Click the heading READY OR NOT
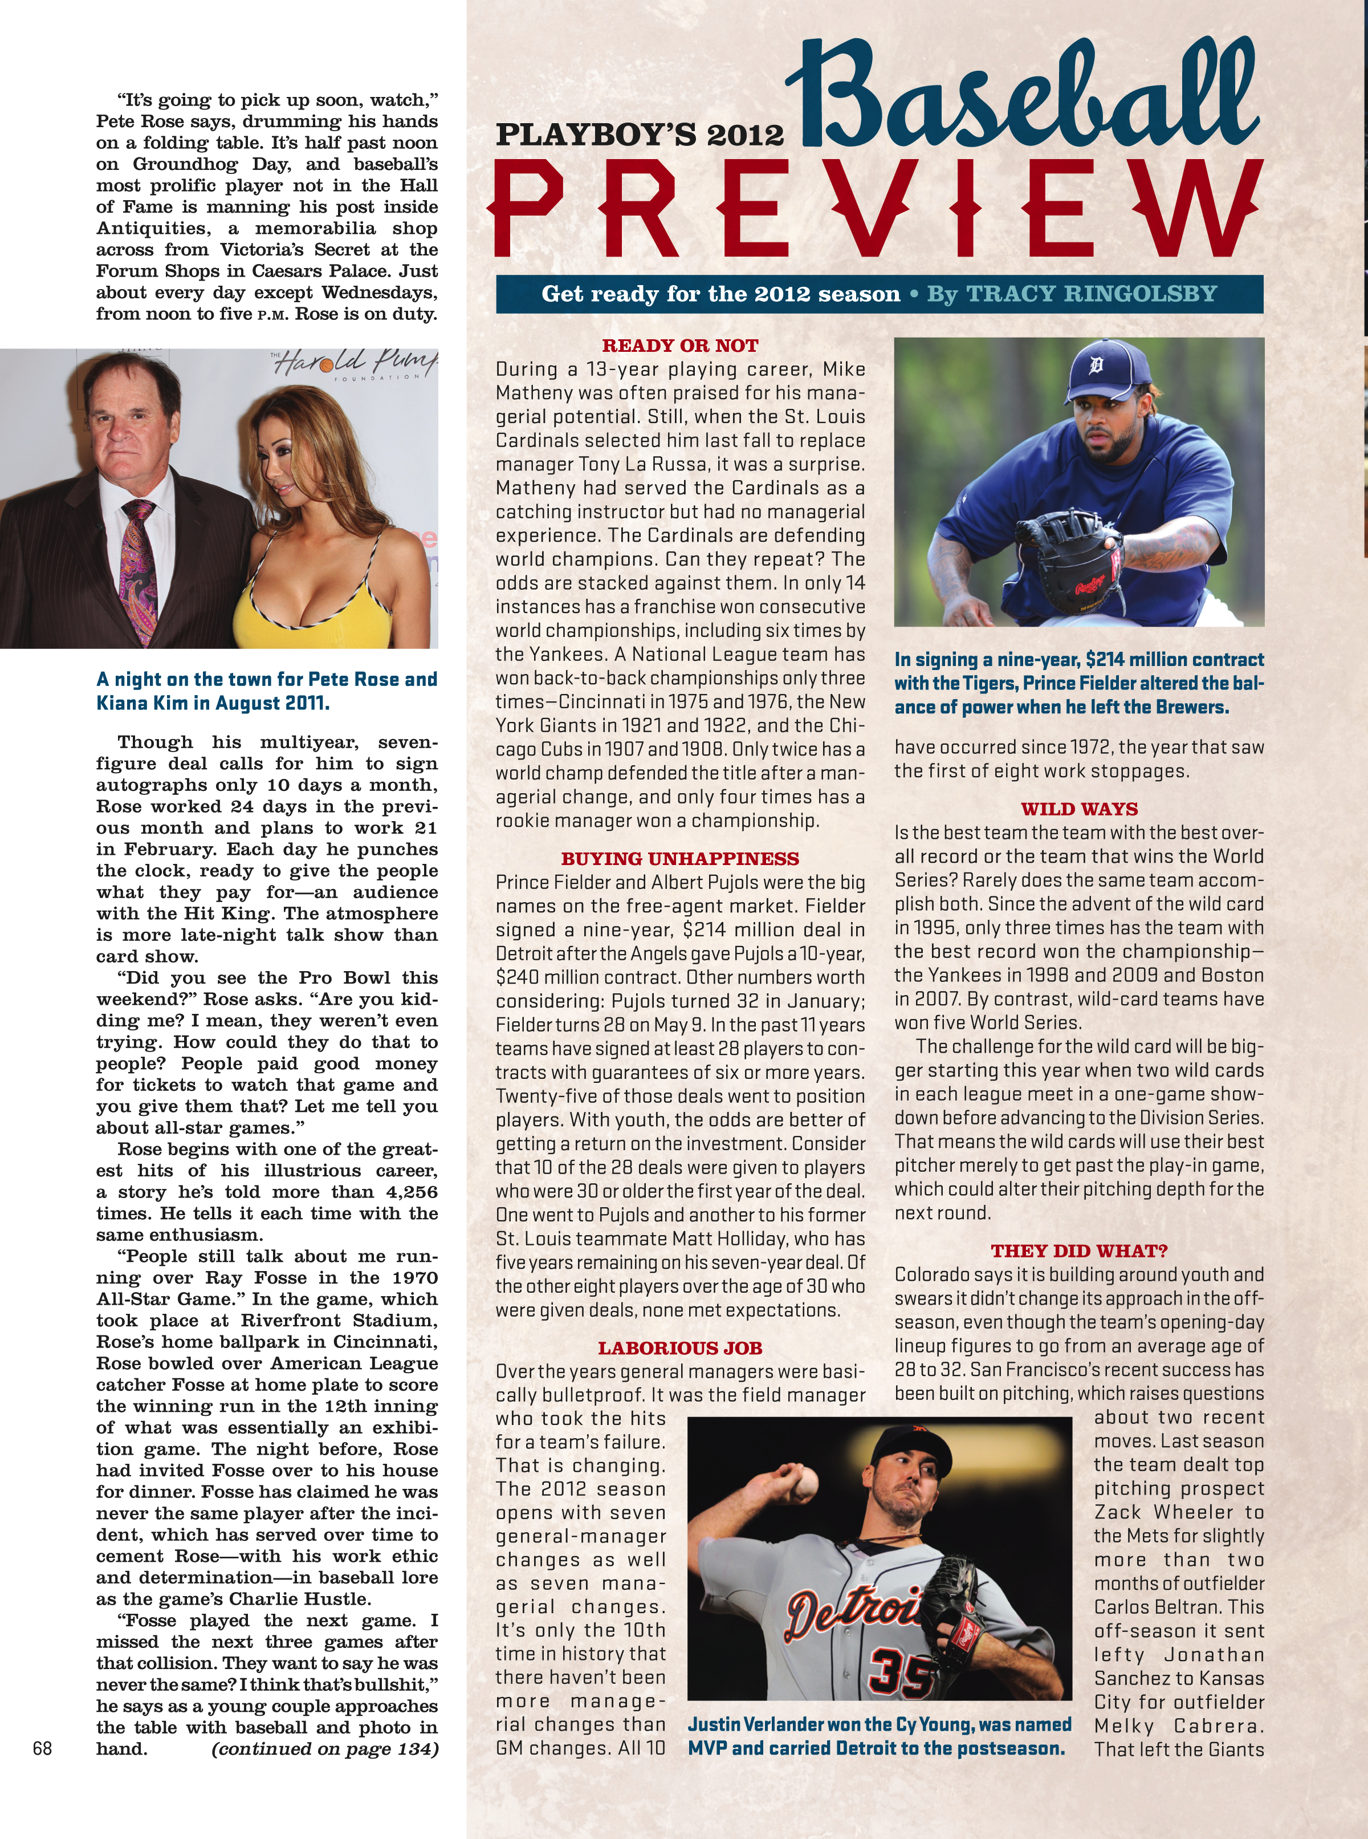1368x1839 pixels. (680, 346)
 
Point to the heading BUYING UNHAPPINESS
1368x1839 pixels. (680, 858)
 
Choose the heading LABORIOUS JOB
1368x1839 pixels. (680, 1348)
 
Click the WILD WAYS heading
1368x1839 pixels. (1079, 809)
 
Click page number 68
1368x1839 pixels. (42, 1748)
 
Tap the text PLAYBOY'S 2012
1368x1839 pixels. (640, 134)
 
